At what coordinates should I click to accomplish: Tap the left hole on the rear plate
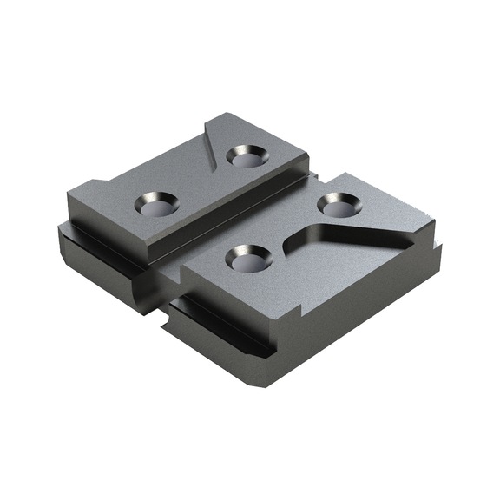pos(156,205)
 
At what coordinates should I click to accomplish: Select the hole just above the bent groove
pos(338,204)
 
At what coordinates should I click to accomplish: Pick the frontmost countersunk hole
pos(247,257)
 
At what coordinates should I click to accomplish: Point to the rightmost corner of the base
pos(441,248)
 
